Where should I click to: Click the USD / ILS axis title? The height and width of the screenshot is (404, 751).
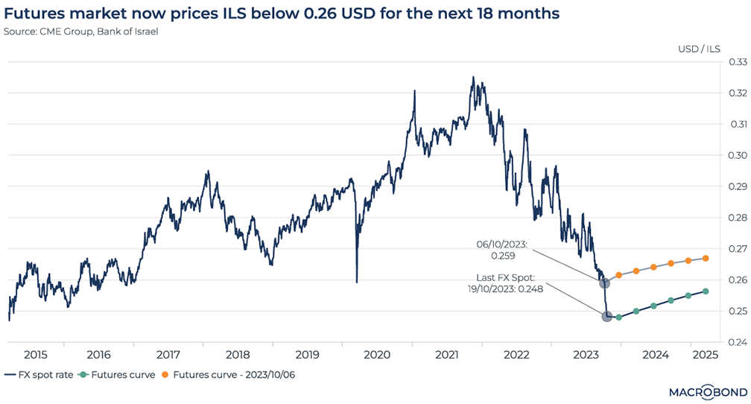(697, 49)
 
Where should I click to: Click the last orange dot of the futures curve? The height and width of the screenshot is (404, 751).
(706, 259)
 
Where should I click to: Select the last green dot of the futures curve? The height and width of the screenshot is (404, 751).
(706, 291)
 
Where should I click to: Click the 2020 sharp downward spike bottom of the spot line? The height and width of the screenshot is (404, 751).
(357, 281)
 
